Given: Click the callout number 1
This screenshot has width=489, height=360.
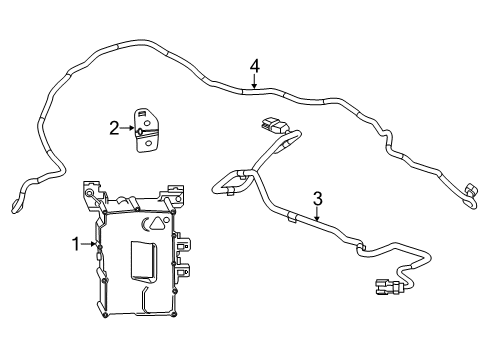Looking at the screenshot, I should [74, 242].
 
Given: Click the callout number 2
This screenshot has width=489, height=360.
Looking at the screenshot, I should [115, 127].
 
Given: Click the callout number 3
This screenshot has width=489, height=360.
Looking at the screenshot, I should [317, 197].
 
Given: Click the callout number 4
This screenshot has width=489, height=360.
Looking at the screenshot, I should [255, 66].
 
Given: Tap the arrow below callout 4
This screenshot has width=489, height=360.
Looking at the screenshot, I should [255, 82].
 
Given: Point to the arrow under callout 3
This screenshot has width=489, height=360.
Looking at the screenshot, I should [317, 212].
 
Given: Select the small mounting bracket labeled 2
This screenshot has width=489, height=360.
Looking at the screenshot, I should [147, 131].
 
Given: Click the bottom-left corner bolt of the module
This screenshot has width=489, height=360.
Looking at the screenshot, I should [105, 315].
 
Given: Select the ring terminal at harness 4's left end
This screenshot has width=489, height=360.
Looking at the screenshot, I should [16, 207].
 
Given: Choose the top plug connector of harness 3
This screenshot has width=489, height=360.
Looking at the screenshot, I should [271, 126].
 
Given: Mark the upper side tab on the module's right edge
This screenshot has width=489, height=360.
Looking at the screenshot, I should [184, 244].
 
